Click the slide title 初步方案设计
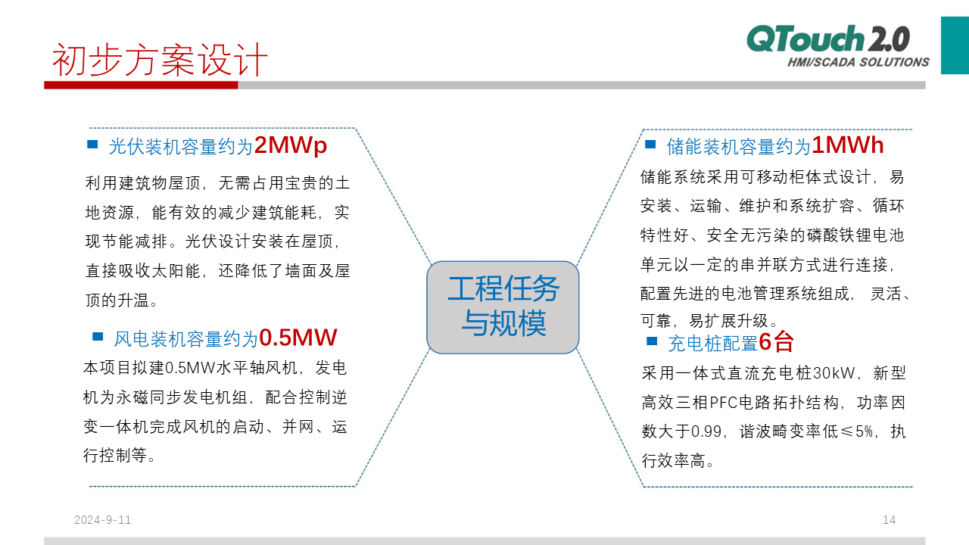point(160,60)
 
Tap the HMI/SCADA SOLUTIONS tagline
point(858,62)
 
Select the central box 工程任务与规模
point(503,307)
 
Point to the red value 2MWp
point(290,145)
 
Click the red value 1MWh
point(847,145)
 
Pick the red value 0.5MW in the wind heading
point(298,338)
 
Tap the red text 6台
point(776,342)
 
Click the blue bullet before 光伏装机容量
point(92,145)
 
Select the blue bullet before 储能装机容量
point(650,145)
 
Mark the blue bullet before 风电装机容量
point(98,337)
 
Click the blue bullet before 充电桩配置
point(652,341)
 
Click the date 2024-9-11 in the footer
point(102,520)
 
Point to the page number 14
point(889,520)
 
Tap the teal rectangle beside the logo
point(955,45)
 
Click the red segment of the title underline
point(141,86)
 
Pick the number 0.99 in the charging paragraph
point(706,431)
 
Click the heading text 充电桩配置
point(713,344)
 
